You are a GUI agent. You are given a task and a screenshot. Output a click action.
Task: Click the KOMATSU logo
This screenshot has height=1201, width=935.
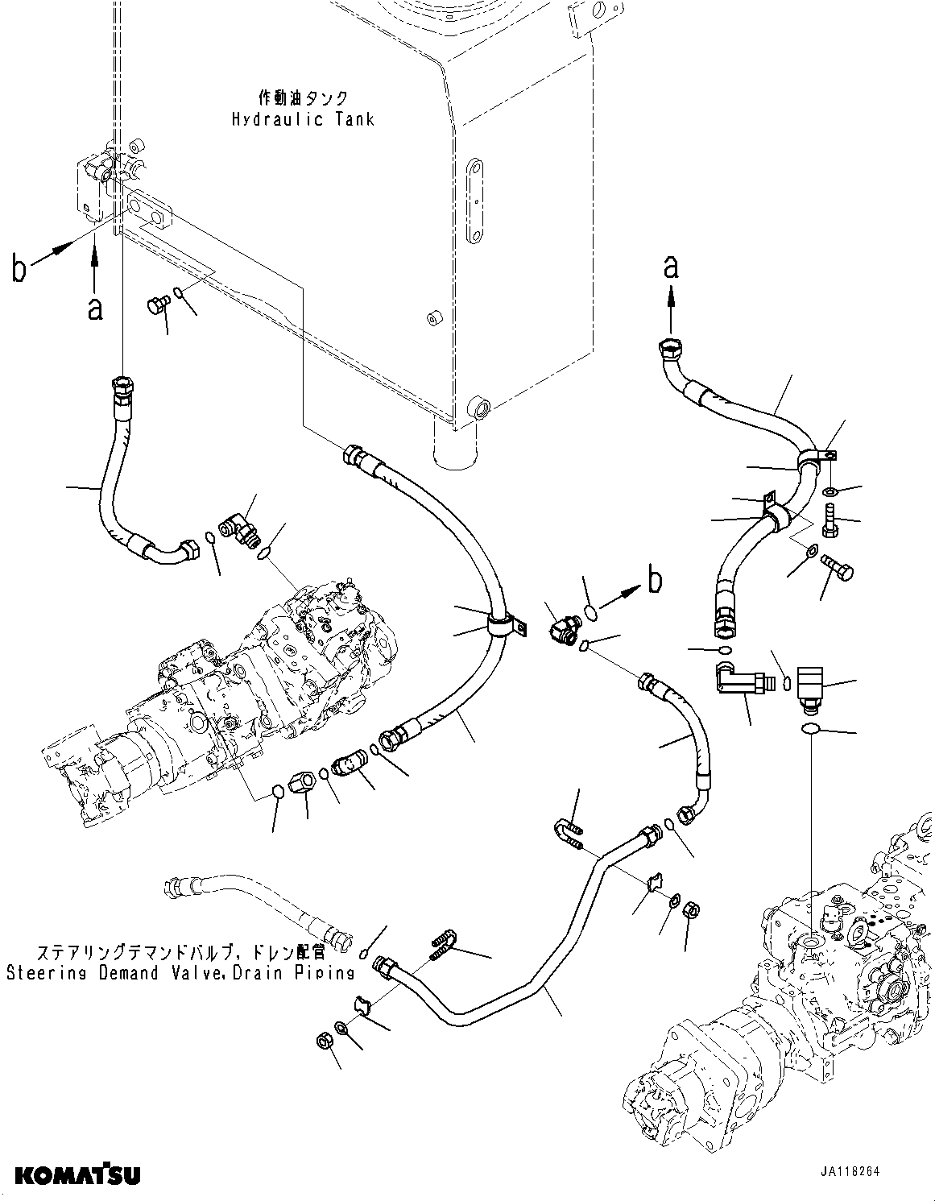(x=77, y=1175)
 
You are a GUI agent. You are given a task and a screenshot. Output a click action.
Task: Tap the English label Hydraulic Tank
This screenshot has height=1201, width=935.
(x=303, y=119)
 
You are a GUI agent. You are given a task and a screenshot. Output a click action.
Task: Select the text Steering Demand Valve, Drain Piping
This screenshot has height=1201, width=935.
(x=180, y=972)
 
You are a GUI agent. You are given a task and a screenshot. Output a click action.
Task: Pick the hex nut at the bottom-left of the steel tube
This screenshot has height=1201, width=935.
(x=323, y=1041)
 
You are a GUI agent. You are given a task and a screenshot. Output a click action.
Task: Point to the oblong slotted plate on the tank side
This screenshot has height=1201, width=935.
(x=475, y=201)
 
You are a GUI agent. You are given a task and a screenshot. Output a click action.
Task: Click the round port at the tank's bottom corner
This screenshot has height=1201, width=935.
(x=480, y=407)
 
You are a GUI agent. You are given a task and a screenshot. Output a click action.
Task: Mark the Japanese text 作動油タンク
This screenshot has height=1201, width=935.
(x=303, y=97)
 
